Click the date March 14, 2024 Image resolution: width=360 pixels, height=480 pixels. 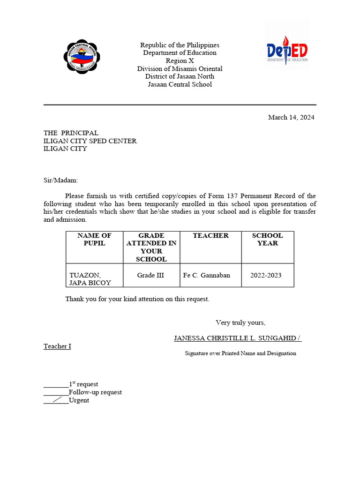[291, 117]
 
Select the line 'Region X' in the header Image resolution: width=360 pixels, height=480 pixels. [180, 61]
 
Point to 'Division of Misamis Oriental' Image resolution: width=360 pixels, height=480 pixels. [180, 69]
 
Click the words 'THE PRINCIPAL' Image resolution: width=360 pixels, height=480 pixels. [71, 133]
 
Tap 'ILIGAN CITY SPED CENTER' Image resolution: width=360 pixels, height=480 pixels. [90, 141]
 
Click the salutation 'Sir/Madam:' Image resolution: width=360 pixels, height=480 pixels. [61, 180]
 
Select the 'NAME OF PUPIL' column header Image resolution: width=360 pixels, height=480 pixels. [94, 240]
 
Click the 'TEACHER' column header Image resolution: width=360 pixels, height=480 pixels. [210, 236]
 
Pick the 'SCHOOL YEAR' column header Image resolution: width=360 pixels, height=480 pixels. [267, 240]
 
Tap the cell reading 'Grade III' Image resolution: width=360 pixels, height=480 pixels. [150, 275]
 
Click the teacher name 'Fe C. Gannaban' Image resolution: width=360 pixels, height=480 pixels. [206, 275]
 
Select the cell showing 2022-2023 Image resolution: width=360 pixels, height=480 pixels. [266, 275]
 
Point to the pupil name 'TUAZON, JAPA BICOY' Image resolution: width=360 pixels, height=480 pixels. [90, 279]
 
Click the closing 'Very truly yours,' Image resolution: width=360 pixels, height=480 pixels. [240, 322]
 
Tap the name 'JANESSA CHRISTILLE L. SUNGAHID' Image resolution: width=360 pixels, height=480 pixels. [235, 338]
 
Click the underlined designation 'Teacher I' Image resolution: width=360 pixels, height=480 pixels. [57, 346]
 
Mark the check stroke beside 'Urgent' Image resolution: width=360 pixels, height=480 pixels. [58, 400]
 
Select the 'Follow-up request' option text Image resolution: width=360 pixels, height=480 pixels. [95, 392]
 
